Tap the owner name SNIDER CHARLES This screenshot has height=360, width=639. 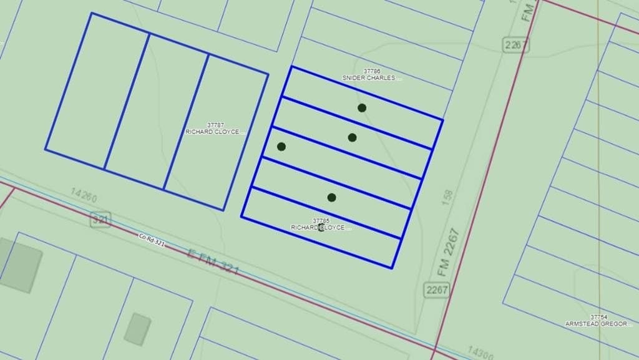(371, 78)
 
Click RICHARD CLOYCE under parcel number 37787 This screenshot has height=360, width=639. (212, 132)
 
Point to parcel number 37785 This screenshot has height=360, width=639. (321, 221)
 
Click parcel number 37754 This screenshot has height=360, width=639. (598, 318)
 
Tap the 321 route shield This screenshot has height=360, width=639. (100, 220)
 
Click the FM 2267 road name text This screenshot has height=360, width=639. (449, 253)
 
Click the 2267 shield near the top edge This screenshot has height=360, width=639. (515, 45)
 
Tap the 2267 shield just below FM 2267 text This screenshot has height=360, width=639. (436, 289)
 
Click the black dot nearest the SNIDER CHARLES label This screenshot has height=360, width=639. (362, 108)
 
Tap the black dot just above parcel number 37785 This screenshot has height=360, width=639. (331, 198)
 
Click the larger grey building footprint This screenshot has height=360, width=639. (21, 265)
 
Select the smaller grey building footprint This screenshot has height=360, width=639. (137, 329)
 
